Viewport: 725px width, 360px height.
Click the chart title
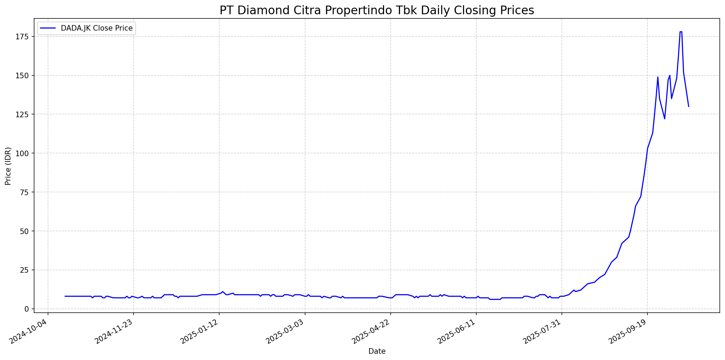(x=376, y=10)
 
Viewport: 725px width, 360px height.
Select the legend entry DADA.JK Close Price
(x=96, y=28)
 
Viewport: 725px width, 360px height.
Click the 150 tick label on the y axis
(x=25, y=75)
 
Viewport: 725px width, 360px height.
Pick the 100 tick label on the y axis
(x=25, y=153)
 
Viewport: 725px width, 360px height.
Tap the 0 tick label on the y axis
(x=28, y=309)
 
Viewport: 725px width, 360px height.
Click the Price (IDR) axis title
(x=8, y=166)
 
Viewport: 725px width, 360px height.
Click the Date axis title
(x=377, y=351)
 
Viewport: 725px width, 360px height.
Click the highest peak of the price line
(x=680, y=32)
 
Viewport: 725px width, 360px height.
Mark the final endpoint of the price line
(x=688, y=106)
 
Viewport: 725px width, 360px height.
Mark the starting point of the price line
(x=65, y=296)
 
